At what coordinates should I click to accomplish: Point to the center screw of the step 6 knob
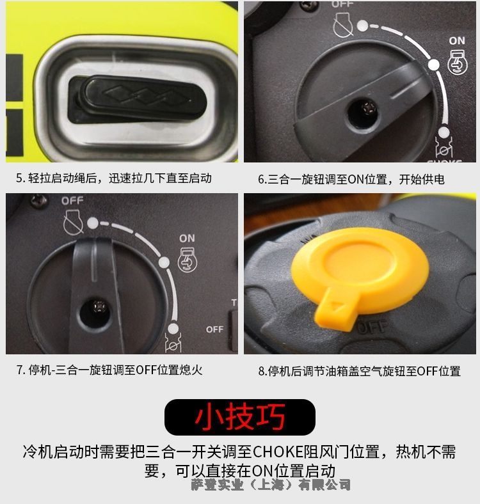pyautogui.click(x=369, y=109)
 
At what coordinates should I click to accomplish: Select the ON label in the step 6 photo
pyautogui.click(x=457, y=41)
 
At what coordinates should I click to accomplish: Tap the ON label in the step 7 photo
pyautogui.click(x=187, y=238)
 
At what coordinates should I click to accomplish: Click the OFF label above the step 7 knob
pyautogui.click(x=72, y=201)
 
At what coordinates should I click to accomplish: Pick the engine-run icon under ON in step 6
pyautogui.click(x=458, y=62)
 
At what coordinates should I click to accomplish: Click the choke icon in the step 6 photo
pyautogui.click(x=444, y=147)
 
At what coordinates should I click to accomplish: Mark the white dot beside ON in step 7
pyautogui.click(x=164, y=262)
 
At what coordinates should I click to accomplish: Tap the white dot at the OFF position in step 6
pyautogui.click(x=363, y=26)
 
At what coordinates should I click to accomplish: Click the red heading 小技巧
pyautogui.click(x=240, y=417)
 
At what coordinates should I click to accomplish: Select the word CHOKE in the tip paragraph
pyautogui.click(x=278, y=452)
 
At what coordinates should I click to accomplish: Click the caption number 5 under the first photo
pyautogui.click(x=20, y=178)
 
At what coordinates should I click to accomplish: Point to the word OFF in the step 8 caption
pyautogui.click(x=428, y=371)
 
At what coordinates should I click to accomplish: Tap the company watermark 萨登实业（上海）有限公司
pyautogui.click(x=271, y=484)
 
